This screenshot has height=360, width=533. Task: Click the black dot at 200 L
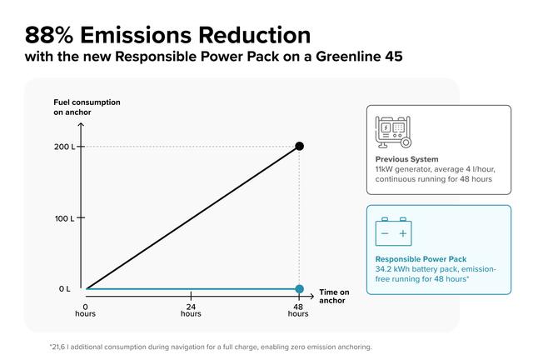click(x=299, y=147)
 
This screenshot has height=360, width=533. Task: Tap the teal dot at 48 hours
click(x=299, y=289)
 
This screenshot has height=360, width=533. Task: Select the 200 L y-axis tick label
click(x=64, y=147)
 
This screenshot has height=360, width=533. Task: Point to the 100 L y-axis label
click(x=64, y=218)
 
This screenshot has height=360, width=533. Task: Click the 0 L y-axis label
click(x=64, y=289)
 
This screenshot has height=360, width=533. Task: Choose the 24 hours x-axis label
click(x=191, y=310)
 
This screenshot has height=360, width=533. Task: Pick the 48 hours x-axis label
click(x=298, y=310)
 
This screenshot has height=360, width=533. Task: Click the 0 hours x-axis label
click(x=85, y=310)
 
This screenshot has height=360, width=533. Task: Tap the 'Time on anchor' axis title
click(x=334, y=296)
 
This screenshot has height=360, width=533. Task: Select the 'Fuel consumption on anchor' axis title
click(x=87, y=107)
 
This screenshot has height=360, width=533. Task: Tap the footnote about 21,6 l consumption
click(x=210, y=347)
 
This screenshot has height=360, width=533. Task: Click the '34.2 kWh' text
click(x=394, y=269)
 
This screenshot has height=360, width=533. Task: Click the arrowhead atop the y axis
click(x=81, y=127)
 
